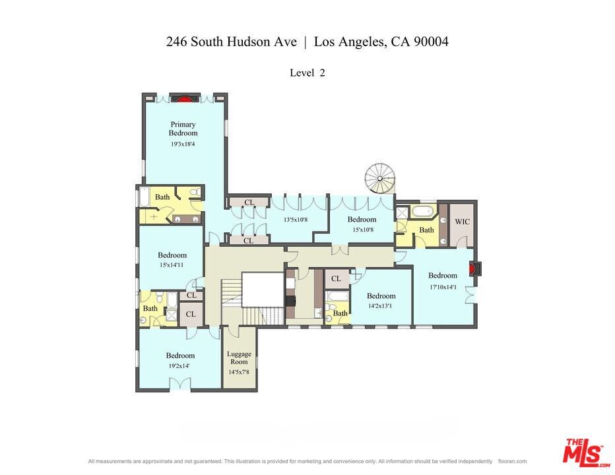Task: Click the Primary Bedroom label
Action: click(x=183, y=129)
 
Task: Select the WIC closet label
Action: click(x=462, y=222)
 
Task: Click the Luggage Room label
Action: click(x=239, y=358)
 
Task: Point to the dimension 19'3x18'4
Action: click(x=183, y=144)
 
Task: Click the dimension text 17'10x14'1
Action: click(x=442, y=286)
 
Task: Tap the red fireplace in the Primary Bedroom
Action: click(x=185, y=98)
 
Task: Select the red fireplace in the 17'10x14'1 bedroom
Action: click(x=472, y=269)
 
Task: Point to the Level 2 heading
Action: click(x=307, y=73)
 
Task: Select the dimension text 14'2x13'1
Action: click(x=381, y=306)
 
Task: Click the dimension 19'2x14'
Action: click(x=180, y=365)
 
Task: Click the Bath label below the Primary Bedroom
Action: click(x=162, y=197)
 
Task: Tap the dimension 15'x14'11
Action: click(x=172, y=265)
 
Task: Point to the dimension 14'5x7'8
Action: click(x=239, y=372)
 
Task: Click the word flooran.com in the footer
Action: click(x=512, y=461)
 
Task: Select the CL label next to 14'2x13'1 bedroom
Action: click(x=336, y=279)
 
